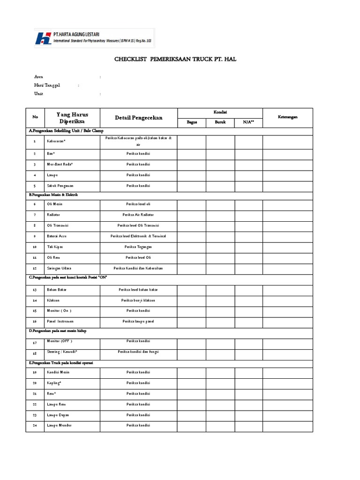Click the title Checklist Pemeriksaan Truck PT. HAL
pos(179,60)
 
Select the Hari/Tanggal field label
pos(47,85)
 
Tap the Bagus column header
pos(191,122)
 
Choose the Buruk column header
pos(220,122)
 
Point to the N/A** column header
pos(248,122)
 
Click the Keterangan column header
pos(287,117)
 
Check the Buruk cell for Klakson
pos(220,300)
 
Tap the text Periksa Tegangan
pos(138,247)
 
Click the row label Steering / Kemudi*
pos(62,351)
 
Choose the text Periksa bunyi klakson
pos(138,300)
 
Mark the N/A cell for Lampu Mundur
pos(248,425)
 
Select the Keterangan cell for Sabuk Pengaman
pos(287,186)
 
